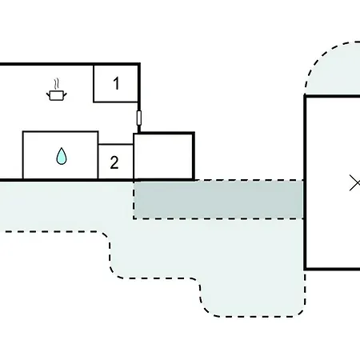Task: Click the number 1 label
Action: pos(116,83)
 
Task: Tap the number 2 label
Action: pos(114,162)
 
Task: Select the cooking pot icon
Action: pos(57,95)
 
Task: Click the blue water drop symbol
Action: pos(62,156)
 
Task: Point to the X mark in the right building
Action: pos(355,183)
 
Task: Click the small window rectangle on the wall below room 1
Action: pos(139,118)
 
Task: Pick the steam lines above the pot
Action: pos(56,84)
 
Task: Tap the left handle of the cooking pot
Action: pos(48,94)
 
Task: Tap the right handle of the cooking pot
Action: pos(65,94)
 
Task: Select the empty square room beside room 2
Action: pos(163,157)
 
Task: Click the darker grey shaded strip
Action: pos(218,199)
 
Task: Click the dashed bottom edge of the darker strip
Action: pos(218,218)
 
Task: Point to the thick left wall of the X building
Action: pos(305,182)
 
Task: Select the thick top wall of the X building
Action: pos(332,96)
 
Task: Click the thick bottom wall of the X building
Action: pos(332,269)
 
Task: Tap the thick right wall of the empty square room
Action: pos(194,157)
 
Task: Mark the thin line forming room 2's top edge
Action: pos(116,145)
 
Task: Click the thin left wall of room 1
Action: pos(94,83)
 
